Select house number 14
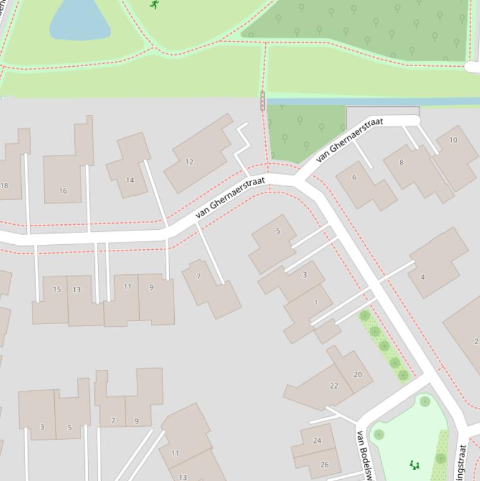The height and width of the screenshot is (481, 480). pos(130,180)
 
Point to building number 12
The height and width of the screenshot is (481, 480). pos(189,162)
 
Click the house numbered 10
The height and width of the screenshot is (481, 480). pos(453,140)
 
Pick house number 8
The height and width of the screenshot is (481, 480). pos(401,162)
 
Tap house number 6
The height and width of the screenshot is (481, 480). pos(354,177)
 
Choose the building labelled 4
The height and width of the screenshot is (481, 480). pos(423,277)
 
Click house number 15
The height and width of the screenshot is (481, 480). pos(57,289)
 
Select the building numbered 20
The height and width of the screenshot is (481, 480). pos(358,375)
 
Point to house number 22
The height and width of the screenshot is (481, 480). pos(334,385)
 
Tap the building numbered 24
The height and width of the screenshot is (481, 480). pos(317,440)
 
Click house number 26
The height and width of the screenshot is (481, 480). pos(324,464)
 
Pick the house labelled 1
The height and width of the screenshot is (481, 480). pos(316,302)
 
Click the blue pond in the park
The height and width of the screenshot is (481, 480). pos(79,22)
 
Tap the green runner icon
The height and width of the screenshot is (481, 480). pos(154,4)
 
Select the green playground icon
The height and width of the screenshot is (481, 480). pos(413,464)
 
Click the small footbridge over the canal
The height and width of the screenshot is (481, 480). pos(262,101)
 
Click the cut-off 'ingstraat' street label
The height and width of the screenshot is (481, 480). pos(463,462)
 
